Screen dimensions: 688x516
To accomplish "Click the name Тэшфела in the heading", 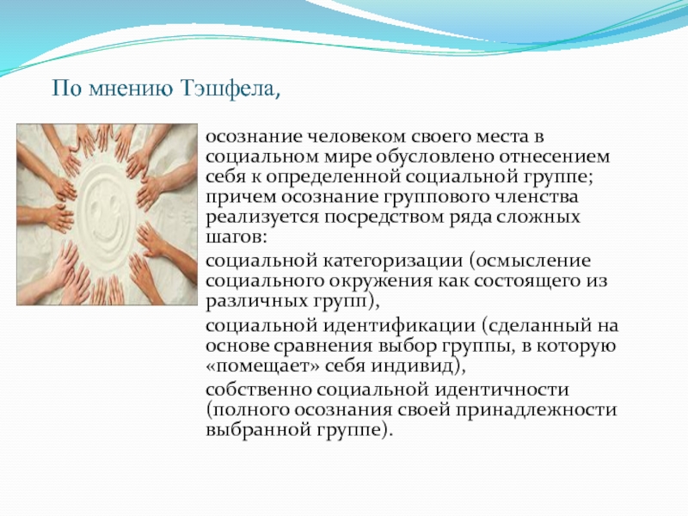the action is click(x=228, y=89).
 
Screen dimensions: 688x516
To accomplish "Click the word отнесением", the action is click(x=555, y=157).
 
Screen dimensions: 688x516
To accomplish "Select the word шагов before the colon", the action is click(x=233, y=238).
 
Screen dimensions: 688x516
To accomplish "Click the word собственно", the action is click(x=259, y=390).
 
